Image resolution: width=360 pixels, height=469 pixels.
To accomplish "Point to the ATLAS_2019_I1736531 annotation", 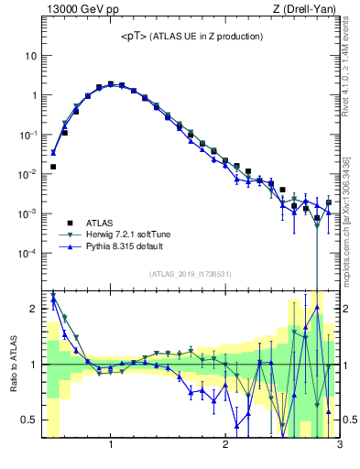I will click(191, 273).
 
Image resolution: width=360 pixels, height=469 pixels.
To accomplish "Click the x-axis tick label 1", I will click(111, 446).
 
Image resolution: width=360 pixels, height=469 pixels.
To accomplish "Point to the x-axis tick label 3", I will click(339, 446).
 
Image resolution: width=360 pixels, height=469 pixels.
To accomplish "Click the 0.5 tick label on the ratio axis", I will click(28, 420).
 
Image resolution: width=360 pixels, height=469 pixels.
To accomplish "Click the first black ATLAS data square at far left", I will click(53, 167).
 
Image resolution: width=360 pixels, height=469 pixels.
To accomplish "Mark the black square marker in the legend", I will click(68, 223).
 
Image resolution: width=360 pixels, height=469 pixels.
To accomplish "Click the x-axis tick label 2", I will click(225, 446).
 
